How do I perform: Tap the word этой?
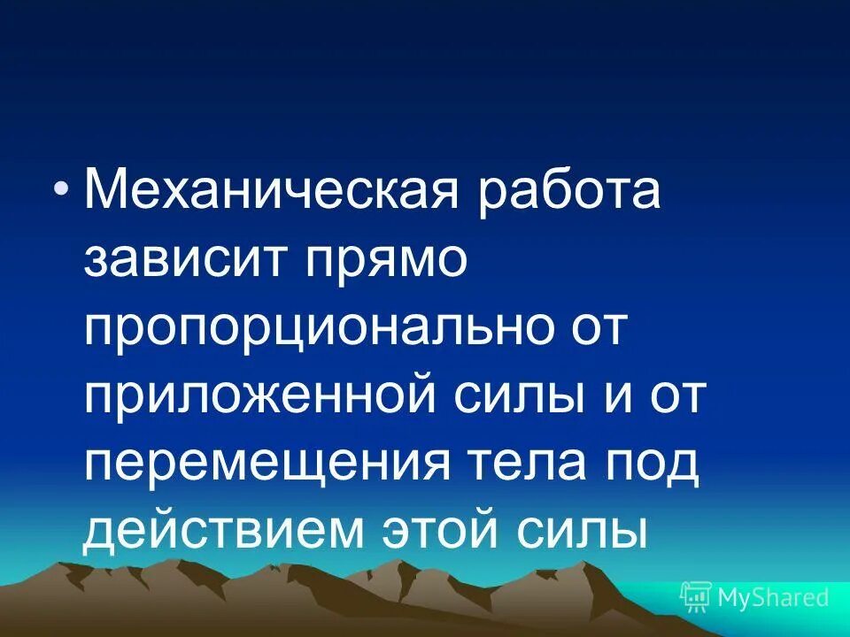pos(443,531)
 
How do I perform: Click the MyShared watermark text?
pos(773,597)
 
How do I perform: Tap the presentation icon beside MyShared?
pos(696,597)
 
